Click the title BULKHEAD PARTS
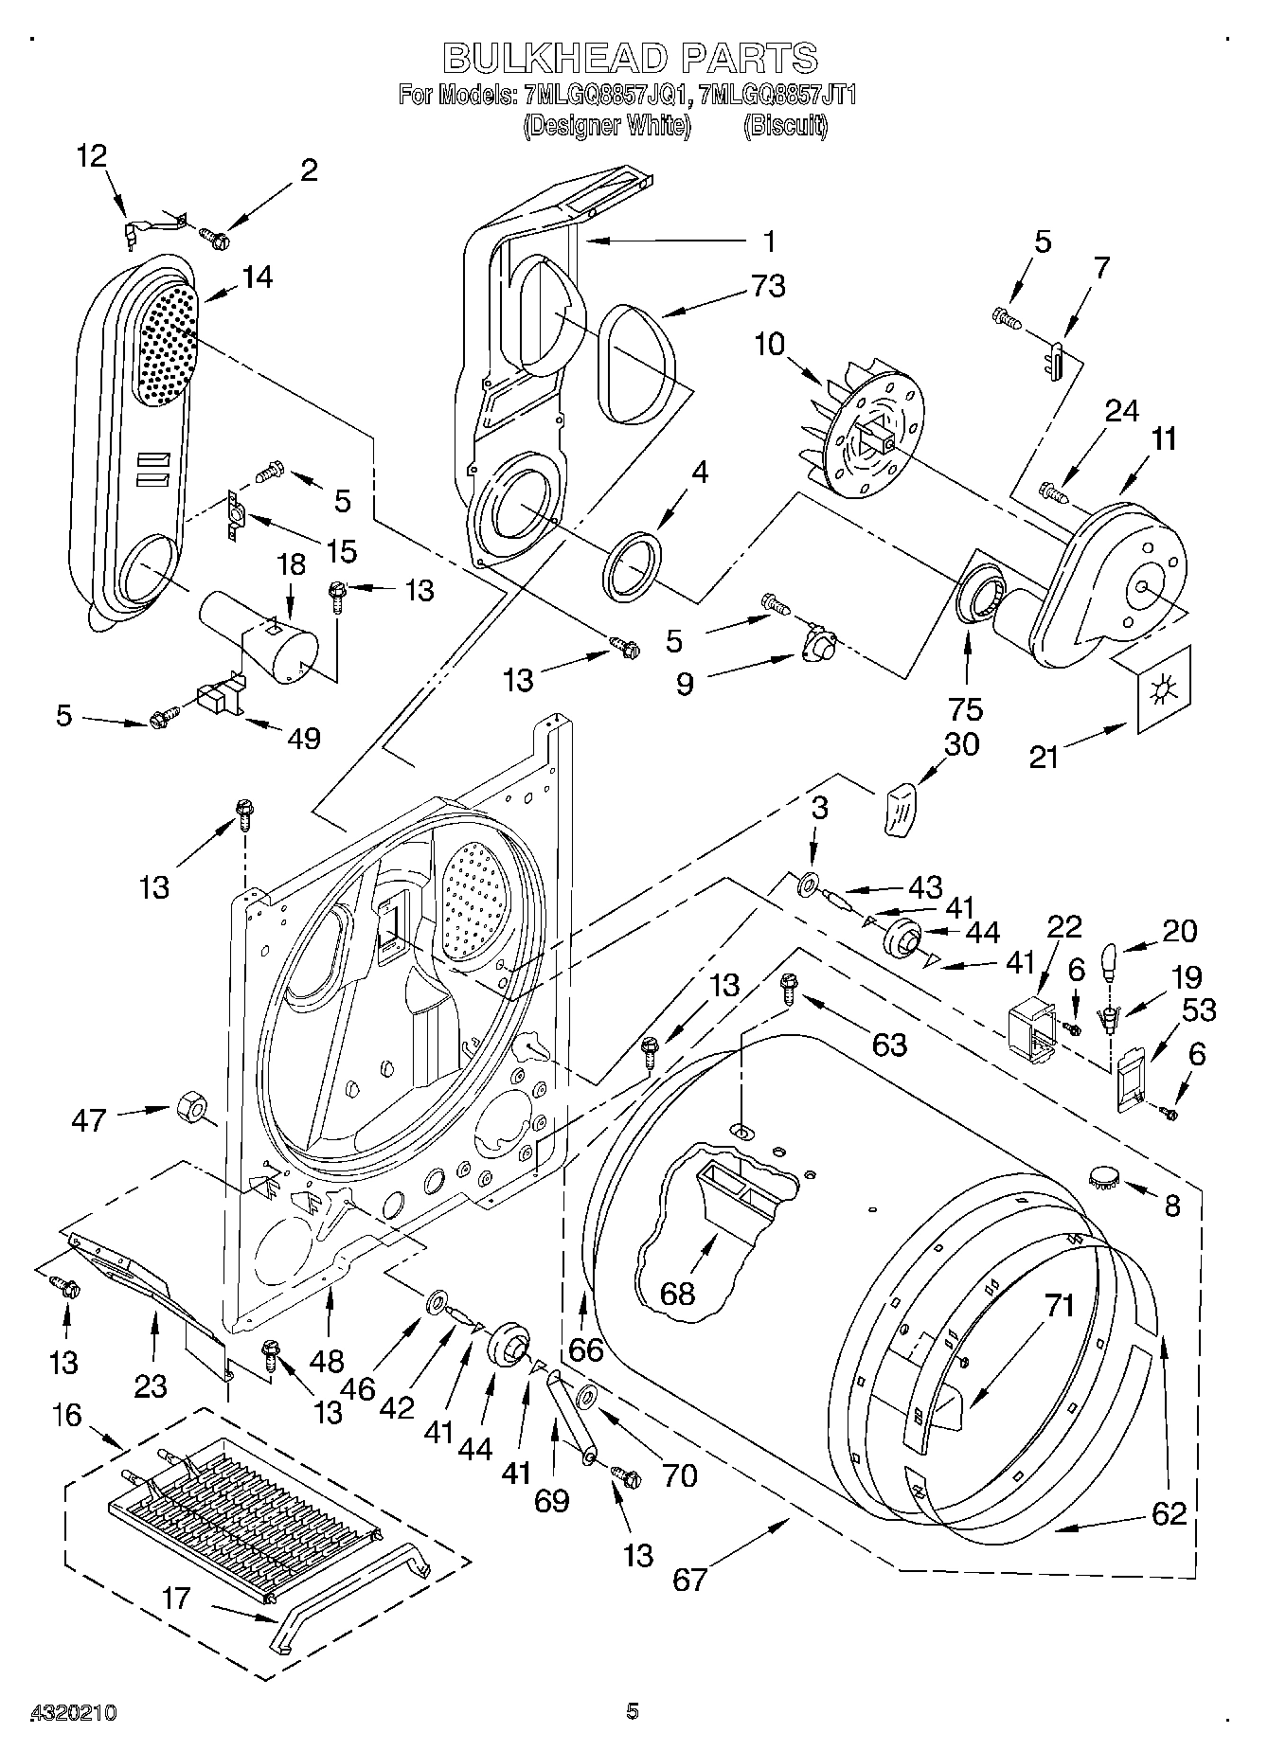tap(631, 58)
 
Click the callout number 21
tap(1044, 757)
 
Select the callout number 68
tap(677, 1293)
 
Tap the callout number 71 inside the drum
tap(1061, 1307)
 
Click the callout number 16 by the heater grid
tap(67, 1417)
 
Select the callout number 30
tap(960, 745)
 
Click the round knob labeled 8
tap(1103, 1179)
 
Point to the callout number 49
tap(303, 738)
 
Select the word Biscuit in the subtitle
tap(785, 125)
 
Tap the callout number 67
tap(689, 1580)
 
